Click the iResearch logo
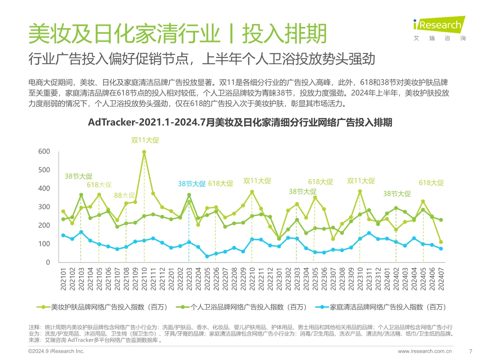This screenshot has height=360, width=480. click(x=439, y=25)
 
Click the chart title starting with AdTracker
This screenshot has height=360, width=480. click(x=240, y=122)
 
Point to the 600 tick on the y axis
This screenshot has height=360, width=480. click(x=44, y=151)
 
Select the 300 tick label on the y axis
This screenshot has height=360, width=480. click(x=44, y=207)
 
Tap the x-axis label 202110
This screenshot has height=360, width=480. click(x=144, y=279)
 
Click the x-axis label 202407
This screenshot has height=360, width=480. click(x=441, y=279)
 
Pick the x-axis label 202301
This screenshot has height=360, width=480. click(x=279, y=279)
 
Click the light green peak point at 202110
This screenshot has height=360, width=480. click(x=144, y=152)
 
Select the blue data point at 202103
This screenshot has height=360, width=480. click(x=81, y=232)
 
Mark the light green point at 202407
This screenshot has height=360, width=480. click(x=441, y=242)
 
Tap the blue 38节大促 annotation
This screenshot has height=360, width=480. click(x=192, y=184)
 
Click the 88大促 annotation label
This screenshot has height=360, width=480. click(x=124, y=195)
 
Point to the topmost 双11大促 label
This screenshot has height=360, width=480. click(x=145, y=140)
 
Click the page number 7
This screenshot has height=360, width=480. click(x=471, y=351)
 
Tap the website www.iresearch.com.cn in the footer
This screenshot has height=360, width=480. click(x=425, y=351)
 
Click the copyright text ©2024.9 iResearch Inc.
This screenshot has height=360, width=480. click(x=56, y=351)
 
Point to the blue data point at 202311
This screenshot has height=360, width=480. click(x=369, y=233)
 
